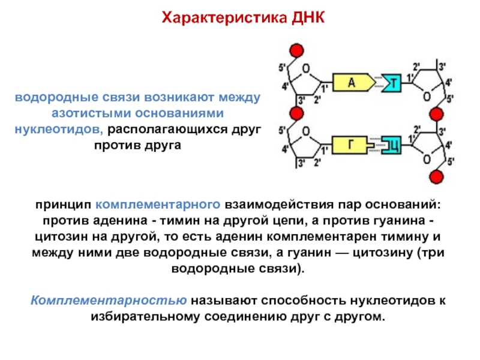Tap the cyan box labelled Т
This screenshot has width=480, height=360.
(394, 83)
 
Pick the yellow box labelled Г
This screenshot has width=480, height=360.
(352, 144)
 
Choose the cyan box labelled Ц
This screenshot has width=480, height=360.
(393, 144)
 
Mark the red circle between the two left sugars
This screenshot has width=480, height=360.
(295, 113)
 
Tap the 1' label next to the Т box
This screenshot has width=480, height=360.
(410, 77)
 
